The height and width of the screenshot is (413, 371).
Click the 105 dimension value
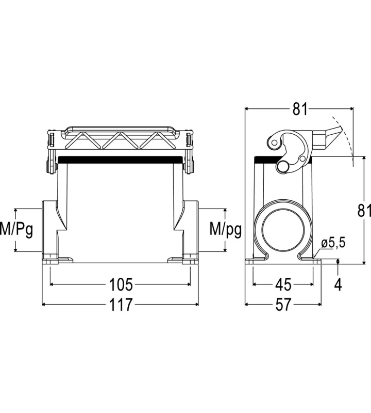[121, 284]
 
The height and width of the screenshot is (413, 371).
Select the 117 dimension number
[121, 305]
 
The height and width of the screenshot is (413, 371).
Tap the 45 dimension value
[283, 284]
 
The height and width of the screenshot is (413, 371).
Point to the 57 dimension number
[283, 305]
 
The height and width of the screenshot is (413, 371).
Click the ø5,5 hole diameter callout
[332, 243]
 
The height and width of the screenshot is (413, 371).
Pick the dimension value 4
[339, 284]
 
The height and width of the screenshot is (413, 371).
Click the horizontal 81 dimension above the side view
[300, 108]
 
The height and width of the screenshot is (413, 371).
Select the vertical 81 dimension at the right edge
[364, 210]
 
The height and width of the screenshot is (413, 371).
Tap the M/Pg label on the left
[16, 230]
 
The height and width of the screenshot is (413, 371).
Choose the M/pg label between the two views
[226, 230]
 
